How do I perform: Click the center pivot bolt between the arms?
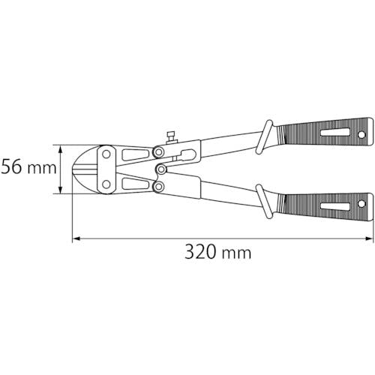click(x=162, y=169)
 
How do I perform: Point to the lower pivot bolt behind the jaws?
click(x=158, y=185)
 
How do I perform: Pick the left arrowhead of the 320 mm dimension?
click(x=76, y=239)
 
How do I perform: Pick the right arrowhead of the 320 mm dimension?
click(x=370, y=239)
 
